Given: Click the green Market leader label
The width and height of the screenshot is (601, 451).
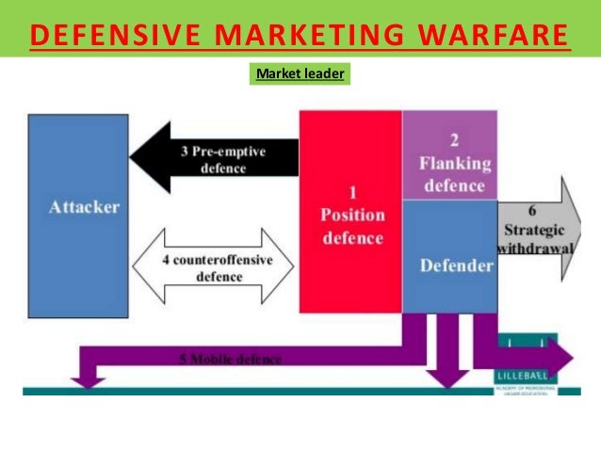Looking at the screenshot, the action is tap(300, 72).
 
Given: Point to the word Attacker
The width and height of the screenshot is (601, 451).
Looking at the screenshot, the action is tap(84, 207).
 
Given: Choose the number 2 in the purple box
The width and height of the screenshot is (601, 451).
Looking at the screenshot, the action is tap(454, 142).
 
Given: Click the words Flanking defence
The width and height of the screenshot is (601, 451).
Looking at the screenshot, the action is tap(454, 174).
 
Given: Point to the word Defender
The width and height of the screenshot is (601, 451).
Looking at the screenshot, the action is tap(456, 266).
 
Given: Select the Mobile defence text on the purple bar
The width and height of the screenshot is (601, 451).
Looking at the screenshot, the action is tap(230, 360).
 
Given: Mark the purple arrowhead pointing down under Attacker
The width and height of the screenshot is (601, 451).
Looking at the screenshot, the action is tap(88, 379).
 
